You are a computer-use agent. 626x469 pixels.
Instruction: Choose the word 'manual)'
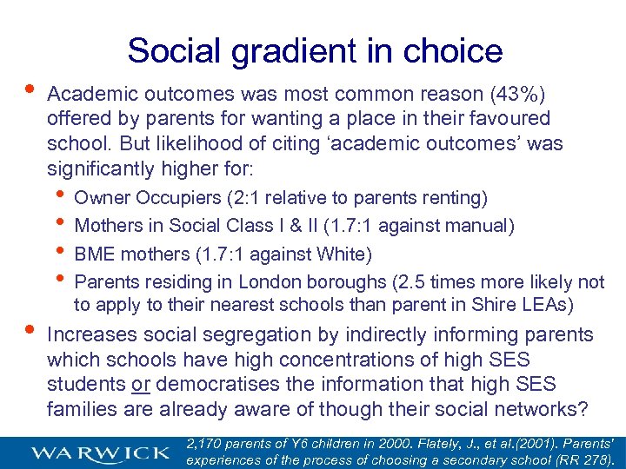[477, 227]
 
